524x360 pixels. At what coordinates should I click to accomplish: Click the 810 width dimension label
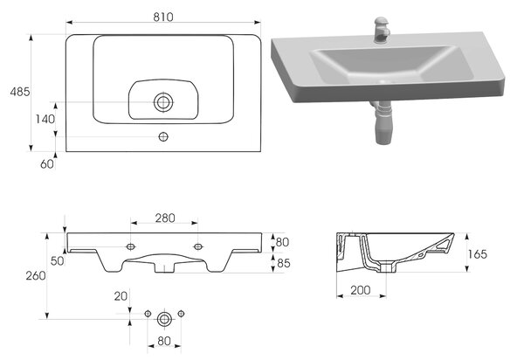click(x=163, y=17)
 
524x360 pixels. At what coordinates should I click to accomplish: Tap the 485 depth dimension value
click(x=20, y=92)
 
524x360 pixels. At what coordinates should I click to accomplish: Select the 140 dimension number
click(x=45, y=119)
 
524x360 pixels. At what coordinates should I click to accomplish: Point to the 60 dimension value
click(x=47, y=163)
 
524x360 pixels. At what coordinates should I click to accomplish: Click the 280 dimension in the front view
click(x=165, y=218)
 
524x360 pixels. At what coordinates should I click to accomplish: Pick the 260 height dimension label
click(x=36, y=275)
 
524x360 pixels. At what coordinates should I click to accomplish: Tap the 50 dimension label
click(x=57, y=260)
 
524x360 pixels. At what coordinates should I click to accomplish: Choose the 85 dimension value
click(x=283, y=263)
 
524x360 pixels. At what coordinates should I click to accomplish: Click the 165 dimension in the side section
click(x=477, y=254)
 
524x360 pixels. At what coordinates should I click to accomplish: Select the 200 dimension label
click(x=360, y=290)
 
